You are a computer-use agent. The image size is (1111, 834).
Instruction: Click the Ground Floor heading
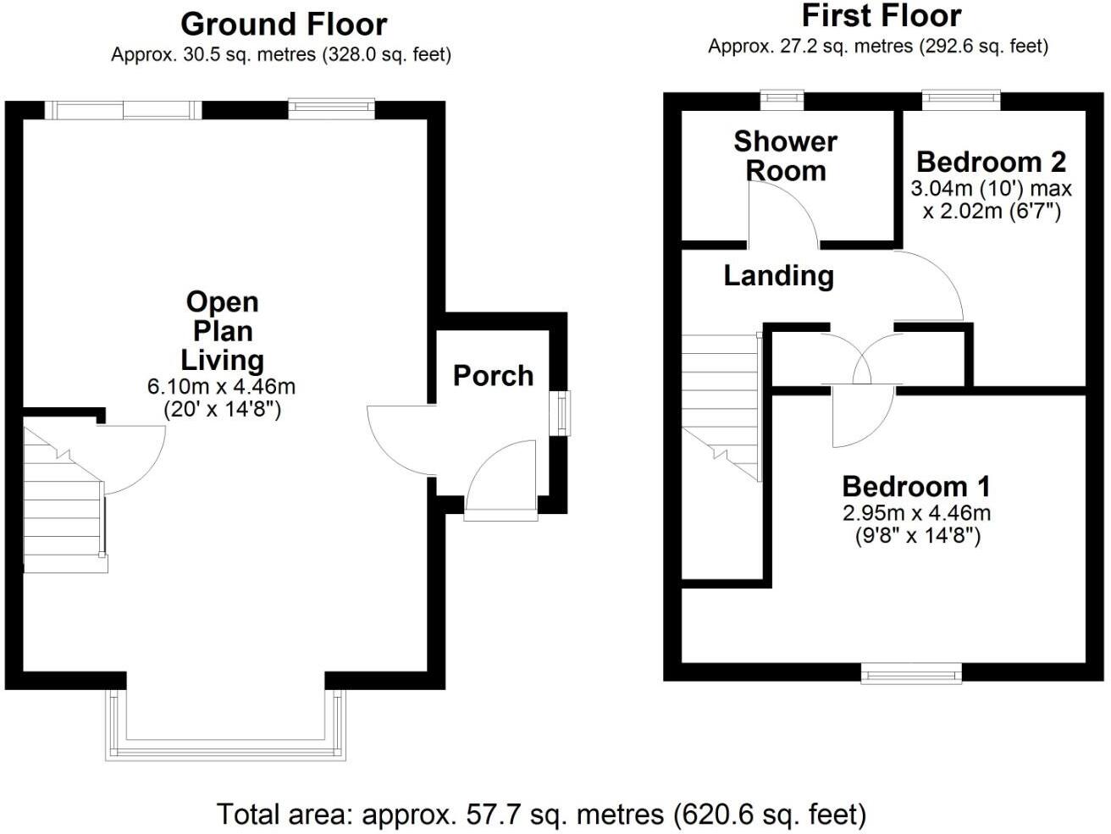(284, 24)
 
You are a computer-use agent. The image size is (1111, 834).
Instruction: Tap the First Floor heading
(881, 16)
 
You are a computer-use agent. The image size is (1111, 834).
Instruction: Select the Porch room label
(493, 375)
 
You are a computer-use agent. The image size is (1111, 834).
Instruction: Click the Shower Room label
(785, 155)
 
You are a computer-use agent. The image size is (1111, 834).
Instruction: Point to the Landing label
(778, 275)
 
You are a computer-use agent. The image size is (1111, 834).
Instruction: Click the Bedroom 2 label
(991, 161)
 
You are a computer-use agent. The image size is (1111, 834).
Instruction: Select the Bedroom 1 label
(916, 486)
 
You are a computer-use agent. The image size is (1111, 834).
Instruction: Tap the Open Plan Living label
(222, 331)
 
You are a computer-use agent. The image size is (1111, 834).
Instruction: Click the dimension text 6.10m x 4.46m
(222, 387)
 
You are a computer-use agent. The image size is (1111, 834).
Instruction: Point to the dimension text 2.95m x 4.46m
(916, 512)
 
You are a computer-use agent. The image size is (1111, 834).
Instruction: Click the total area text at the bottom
(542, 815)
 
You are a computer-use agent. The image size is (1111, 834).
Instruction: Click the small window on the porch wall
(561, 413)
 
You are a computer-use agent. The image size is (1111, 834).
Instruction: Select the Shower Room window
(782, 100)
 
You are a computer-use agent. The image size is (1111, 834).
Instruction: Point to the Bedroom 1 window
(912, 674)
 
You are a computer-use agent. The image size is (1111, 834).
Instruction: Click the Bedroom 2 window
(961, 100)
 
